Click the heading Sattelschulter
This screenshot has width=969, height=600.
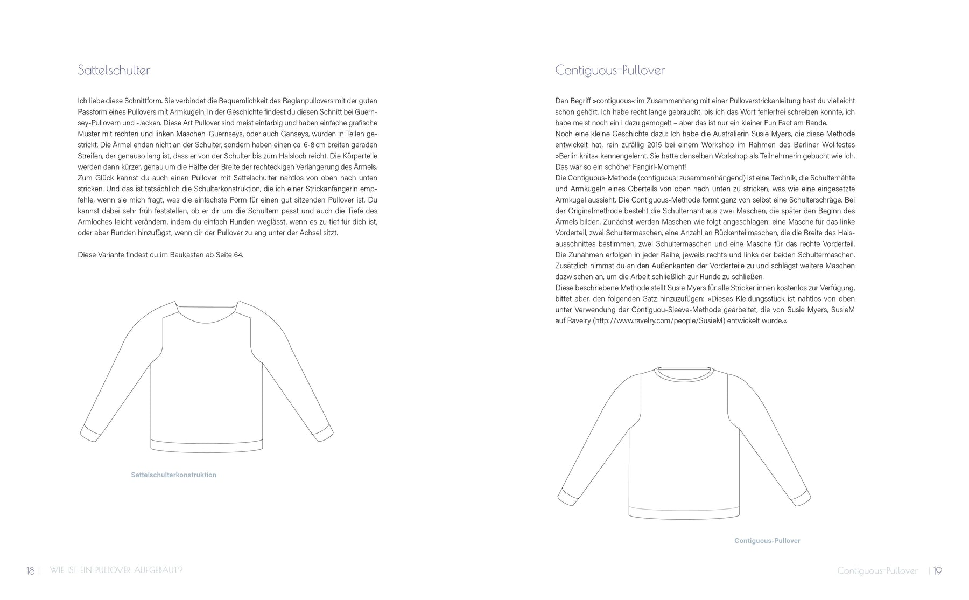pos(114,71)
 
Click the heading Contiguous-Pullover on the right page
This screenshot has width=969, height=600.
pos(610,71)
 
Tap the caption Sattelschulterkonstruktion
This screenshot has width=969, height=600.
pos(173,475)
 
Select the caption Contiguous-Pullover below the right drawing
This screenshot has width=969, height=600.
pos(767,540)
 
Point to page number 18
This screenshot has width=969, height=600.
pos(30,570)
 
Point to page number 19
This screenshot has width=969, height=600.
pos(938,570)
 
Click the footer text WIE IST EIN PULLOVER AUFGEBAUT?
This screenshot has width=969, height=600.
pos(116,570)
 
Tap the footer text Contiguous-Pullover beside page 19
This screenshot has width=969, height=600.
pos(877,570)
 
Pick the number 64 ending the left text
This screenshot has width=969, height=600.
pos(238,255)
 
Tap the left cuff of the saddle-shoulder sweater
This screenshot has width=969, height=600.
pos(88,434)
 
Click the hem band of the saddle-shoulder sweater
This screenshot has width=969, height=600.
pos(207,445)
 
